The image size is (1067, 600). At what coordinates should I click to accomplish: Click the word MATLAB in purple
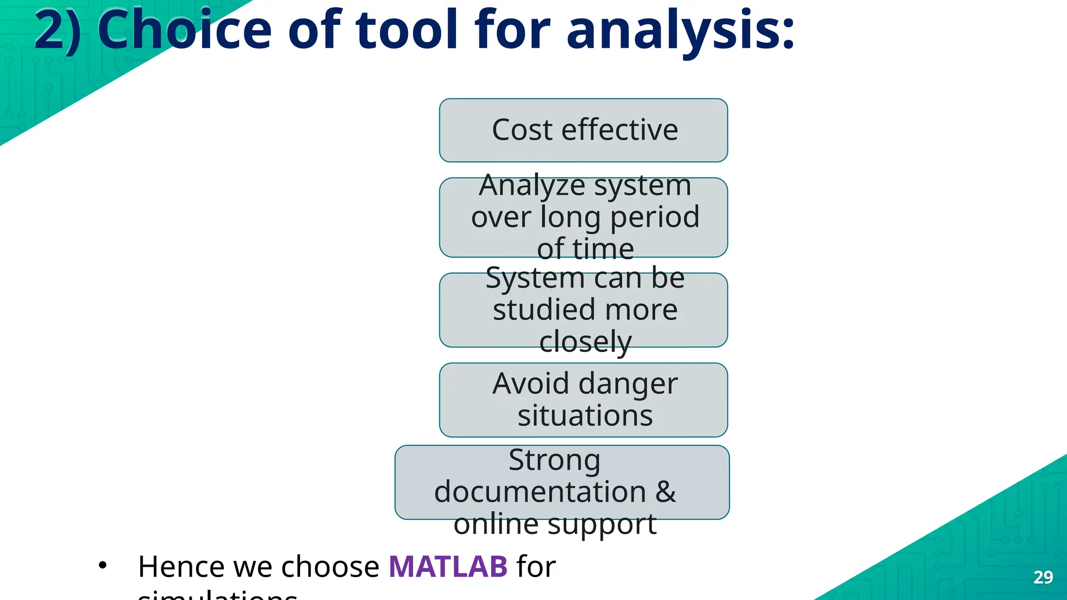click(x=448, y=567)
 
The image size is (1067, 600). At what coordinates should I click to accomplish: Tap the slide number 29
click(x=1043, y=577)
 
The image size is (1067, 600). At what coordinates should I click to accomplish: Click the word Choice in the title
click(x=184, y=30)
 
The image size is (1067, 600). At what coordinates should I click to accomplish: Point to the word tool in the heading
click(x=414, y=30)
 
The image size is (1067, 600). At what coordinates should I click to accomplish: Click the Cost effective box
click(x=584, y=130)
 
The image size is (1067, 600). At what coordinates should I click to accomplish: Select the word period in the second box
click(x=654, y=217)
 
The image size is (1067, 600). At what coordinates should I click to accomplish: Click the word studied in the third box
click(x=543, y=310)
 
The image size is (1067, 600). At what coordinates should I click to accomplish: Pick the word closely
click(x=585, y=342)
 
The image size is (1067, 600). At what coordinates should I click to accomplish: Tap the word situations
click(x=585, y=416)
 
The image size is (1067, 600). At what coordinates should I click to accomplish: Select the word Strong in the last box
click(x=554, y=460)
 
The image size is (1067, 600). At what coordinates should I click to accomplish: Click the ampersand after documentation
click(x=665, y=492)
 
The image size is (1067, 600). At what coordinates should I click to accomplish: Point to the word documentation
click(x=540, y=492)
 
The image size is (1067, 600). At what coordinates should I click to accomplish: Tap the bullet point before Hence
click(x=103, y=566)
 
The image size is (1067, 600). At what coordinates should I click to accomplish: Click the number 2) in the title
click(x=57, y=30)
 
